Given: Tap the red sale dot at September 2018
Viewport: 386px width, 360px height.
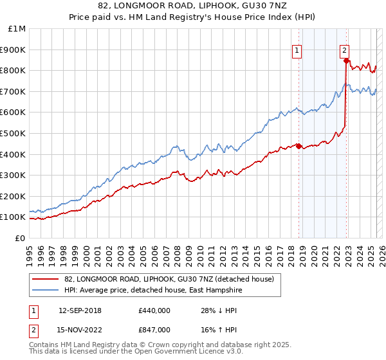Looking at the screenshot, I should (x=299, y=146).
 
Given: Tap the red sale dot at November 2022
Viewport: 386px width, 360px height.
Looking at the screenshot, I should (x=347, y=60).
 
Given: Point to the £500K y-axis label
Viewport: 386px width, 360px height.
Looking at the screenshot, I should (x=13, y=133).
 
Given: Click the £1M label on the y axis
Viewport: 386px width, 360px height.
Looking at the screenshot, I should (x=17, y=29).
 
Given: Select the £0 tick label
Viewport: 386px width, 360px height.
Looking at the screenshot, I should (x=21, y=238).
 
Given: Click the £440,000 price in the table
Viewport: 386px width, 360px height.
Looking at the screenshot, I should (x=154, y=310).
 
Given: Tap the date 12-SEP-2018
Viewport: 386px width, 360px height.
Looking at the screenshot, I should (x=80, y=310).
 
